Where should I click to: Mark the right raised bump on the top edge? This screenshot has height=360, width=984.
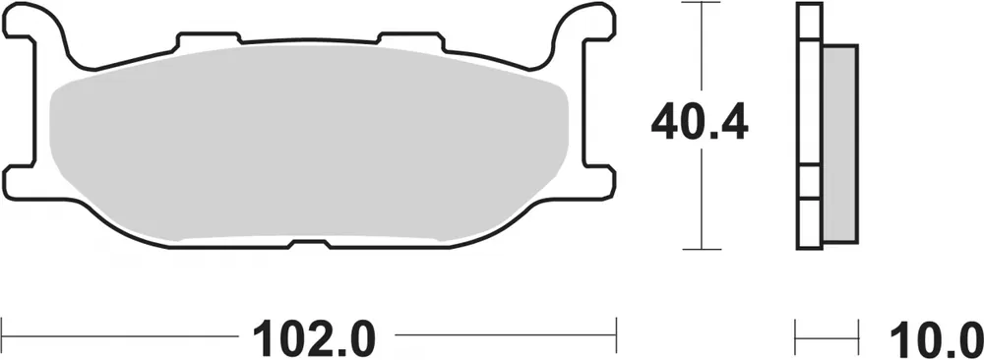coord(408,36)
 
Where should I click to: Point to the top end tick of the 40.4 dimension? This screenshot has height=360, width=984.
coord(700,4)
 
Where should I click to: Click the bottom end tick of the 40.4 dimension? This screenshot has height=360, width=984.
coord(700,249)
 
